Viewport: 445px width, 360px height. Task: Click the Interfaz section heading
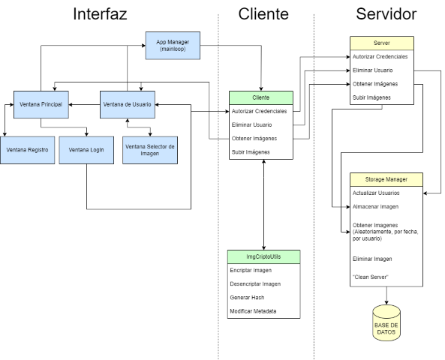[100, 14]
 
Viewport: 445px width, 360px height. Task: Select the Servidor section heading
[386, 14]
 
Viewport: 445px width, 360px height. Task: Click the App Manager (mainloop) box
[173, 46]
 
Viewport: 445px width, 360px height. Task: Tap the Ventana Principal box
[41, 104]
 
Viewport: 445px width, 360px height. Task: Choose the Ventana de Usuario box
[128, 104]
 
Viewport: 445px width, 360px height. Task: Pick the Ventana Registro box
[27, 150]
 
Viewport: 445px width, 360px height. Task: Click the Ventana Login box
[86, 150]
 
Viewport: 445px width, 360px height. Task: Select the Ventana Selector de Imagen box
[150, 150]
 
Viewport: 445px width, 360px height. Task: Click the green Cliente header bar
[261, 97]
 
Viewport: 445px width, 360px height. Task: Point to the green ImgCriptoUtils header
[263, 256]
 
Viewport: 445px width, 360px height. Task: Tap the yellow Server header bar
[382, 43]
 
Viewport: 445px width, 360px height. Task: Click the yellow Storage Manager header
[386, 179]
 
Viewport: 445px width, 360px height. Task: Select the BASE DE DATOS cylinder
[386, 322]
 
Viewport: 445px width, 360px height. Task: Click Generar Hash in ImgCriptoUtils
[247, 298]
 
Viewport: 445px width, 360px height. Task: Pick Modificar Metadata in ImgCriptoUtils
[253, 311]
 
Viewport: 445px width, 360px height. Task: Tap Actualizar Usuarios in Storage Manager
[376, 193]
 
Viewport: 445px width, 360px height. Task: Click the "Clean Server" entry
[371, 277]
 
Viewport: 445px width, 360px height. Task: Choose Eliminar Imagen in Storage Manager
[372, 259]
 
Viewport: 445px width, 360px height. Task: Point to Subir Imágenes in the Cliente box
[251, 152]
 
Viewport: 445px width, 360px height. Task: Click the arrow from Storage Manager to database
[386, 295]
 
